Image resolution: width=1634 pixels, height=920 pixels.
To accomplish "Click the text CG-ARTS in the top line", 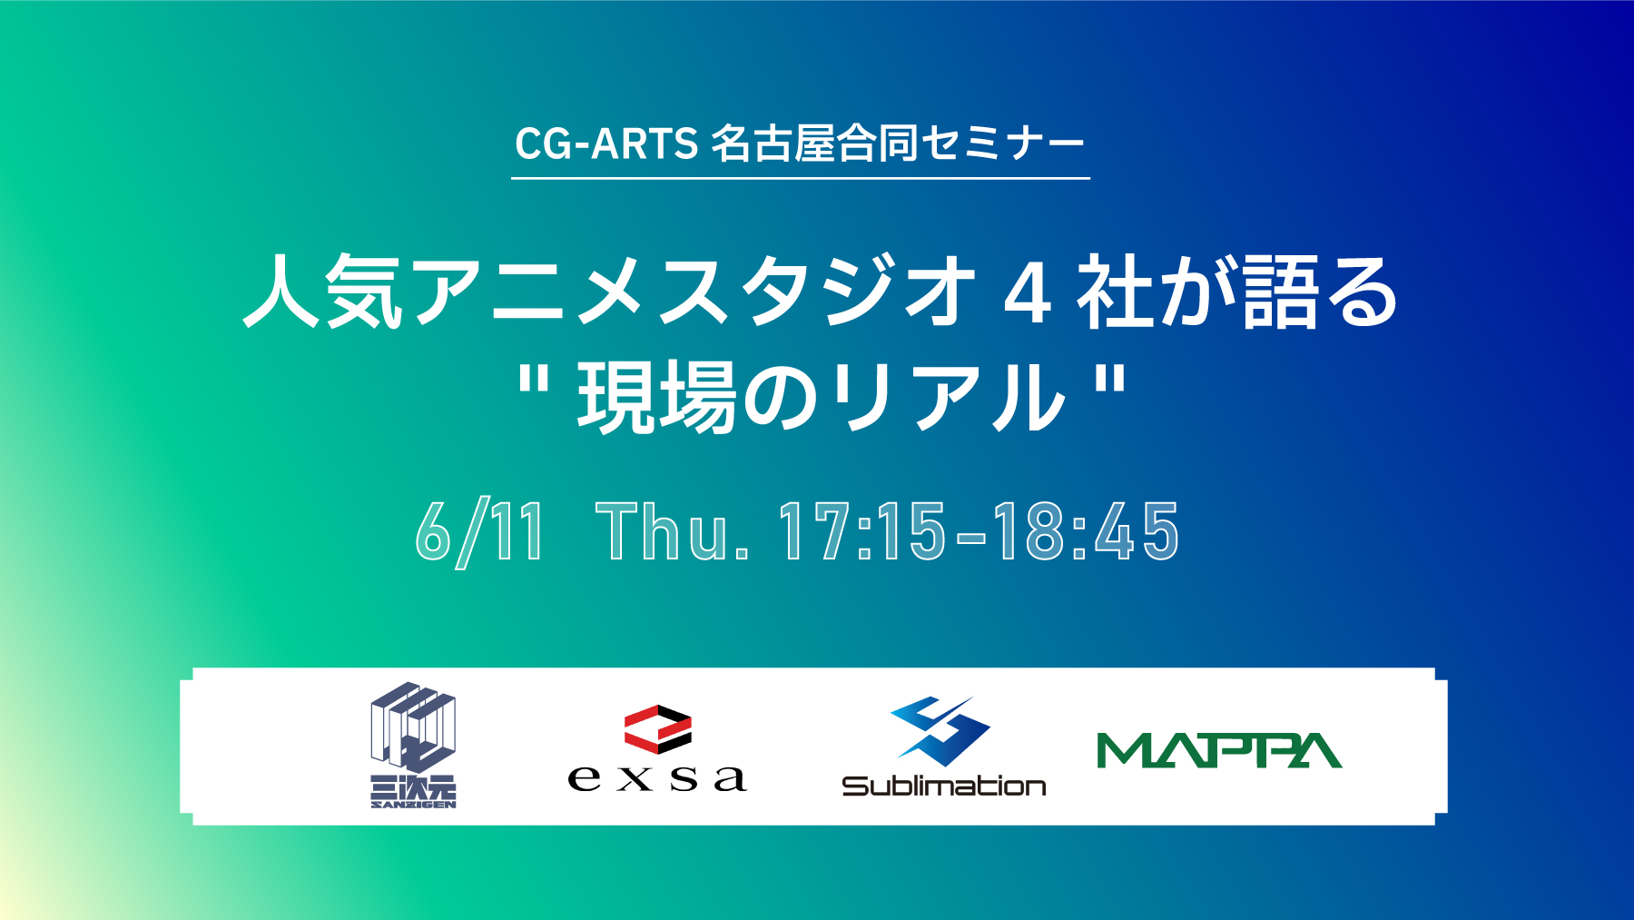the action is pyautogui.click(x=605, y=143).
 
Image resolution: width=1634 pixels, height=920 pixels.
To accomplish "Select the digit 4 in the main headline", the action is pyautogui.click(x=1029, y=292).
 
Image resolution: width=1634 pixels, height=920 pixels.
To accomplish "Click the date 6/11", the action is pyautogui.click(x=479, y=532).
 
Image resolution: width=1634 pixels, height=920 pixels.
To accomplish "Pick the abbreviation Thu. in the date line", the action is pyautogui.click(x=673, y=532).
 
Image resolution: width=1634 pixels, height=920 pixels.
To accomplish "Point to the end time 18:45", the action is pyautogui.click(x=1086, y=532).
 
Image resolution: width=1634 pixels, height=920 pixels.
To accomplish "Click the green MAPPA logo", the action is pyautogui.click(x=1219, y=750).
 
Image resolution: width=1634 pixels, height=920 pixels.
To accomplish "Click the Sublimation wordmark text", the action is pyautogui.click(x=944, y=786).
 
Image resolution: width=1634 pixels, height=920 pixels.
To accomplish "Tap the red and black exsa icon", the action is pyautogui.click(x=658, y=729).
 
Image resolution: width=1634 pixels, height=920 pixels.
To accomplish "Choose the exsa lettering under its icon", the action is pyautogui.click(x=658, y=778).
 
